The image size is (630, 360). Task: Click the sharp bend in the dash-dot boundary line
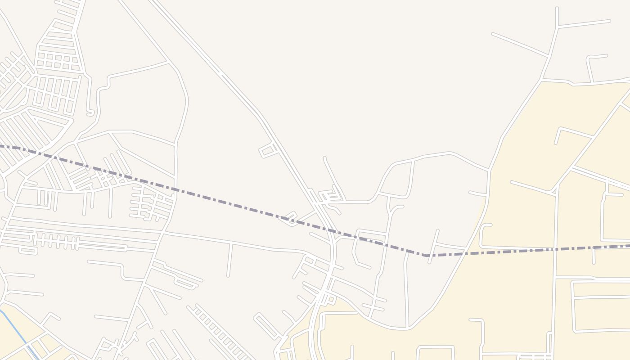click(425, 255)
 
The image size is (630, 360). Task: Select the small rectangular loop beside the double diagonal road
click(269, 150)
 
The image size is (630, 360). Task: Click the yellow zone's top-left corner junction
click(541, 81)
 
